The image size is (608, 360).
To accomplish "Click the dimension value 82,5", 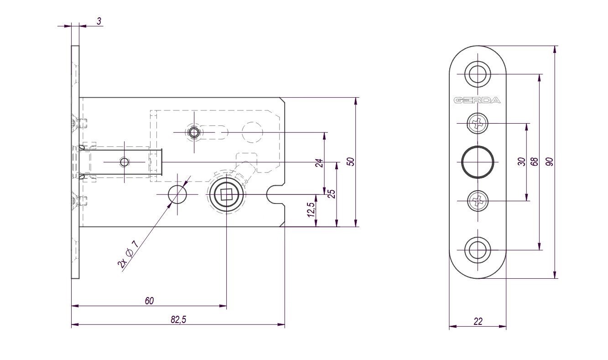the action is (178, 319).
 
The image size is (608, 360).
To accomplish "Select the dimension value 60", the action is (149, 301).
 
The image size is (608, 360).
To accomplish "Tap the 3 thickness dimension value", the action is (99, 21).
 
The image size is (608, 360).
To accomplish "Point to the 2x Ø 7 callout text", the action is (128, 255).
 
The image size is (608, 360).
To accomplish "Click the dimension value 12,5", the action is (311, 210).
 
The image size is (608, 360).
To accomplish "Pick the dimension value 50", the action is (351, 162).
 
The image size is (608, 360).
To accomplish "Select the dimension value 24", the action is (320, 163).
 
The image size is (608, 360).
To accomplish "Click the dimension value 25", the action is (332, 194).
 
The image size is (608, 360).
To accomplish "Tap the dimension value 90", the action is (550, 162).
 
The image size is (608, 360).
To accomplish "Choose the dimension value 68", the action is (534, 162).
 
